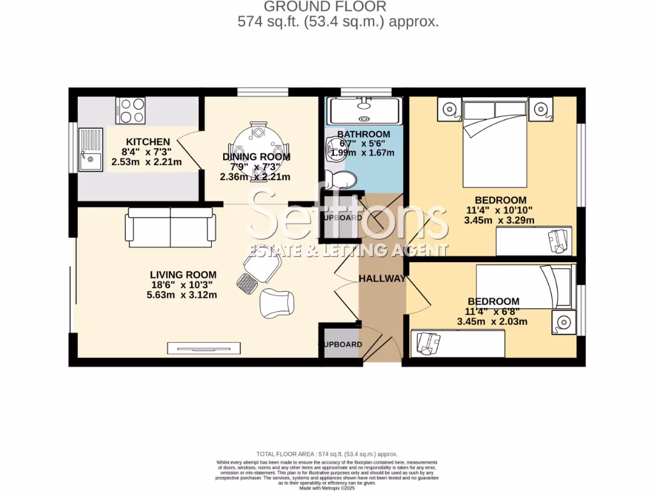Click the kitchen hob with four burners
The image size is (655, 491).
[130, 109]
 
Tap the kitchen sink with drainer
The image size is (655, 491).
[90, 150]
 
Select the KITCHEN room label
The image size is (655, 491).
[148, 142]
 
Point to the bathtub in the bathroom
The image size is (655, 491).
[363, 111]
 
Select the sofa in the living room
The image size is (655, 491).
[171, 227]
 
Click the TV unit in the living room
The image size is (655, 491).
[205, 348]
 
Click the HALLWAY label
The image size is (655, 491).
[382, 279]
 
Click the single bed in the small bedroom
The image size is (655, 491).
[526, 286]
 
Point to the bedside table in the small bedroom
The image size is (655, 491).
[564, 322]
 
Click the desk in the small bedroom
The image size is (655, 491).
[458, 345]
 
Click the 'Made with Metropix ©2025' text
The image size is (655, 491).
[327, 488]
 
